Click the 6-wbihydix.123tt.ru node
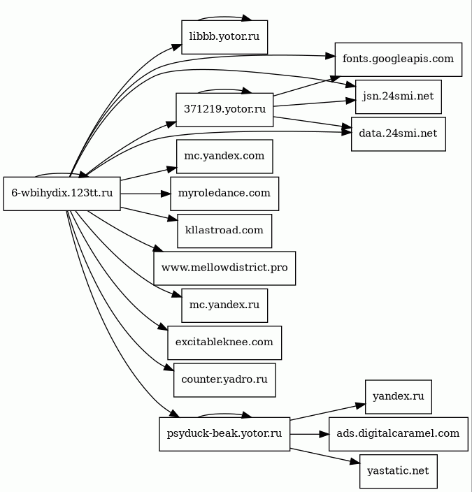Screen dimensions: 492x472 pos(62,194)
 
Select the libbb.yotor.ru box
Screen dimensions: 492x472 pos(224,38)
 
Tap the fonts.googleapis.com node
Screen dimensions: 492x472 pos(399,59)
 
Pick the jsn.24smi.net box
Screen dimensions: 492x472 pos(399,97)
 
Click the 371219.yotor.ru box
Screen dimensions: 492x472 pos(224,109)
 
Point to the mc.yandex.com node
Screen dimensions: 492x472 pos(224,156)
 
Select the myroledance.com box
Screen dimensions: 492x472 pos(224,194)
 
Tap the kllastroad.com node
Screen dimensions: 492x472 pos(224,231)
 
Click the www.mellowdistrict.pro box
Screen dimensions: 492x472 pos(224,268)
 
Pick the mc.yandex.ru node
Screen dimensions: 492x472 pos(224,305)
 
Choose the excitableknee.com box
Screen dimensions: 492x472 pos(224,342)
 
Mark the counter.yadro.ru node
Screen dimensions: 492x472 pos(224,380)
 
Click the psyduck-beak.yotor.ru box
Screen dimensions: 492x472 pos(224,433)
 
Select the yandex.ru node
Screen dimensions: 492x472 pos(399,397)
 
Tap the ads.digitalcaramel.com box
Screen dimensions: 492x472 pos(399,433)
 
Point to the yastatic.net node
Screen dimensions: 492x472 pos(399,471)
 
